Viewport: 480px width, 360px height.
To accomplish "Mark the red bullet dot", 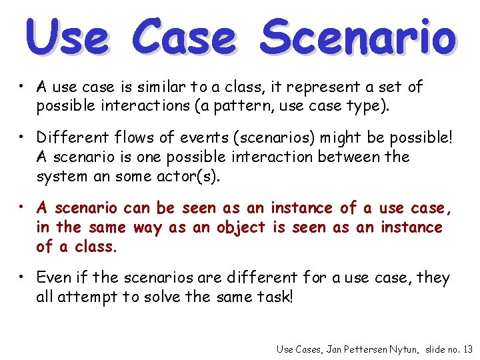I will tap(22, 205).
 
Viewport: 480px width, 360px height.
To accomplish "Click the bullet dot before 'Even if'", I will tap(22, 274).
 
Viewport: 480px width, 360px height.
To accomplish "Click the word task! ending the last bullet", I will tap(274, 297).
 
